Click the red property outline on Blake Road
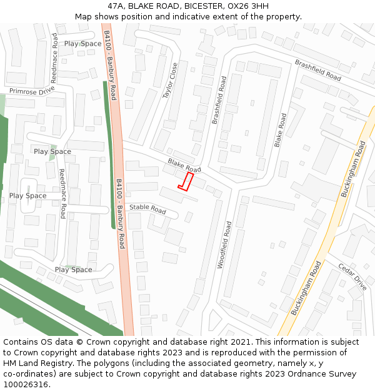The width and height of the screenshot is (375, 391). coord(184,181)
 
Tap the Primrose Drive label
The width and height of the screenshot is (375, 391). coord(32,91)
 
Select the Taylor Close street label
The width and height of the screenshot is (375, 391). coord(171,80)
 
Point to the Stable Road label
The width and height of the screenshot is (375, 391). coord(148,209)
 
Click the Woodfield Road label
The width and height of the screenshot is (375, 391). coord(224,245)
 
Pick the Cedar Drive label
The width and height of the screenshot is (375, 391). coord(351,276)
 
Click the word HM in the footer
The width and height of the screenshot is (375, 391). coord(10,363)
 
